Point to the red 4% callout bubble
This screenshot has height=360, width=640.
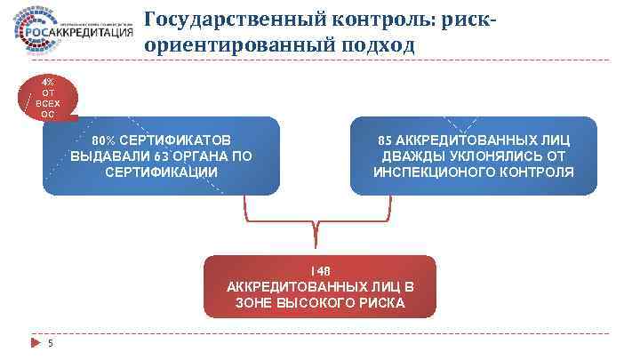click(x=48, y=99)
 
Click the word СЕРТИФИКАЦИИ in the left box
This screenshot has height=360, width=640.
click(x=161, y=171)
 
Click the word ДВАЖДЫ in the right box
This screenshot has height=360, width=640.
click(x=410, y=156)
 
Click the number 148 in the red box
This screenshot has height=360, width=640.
click(x=320, y=270)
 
